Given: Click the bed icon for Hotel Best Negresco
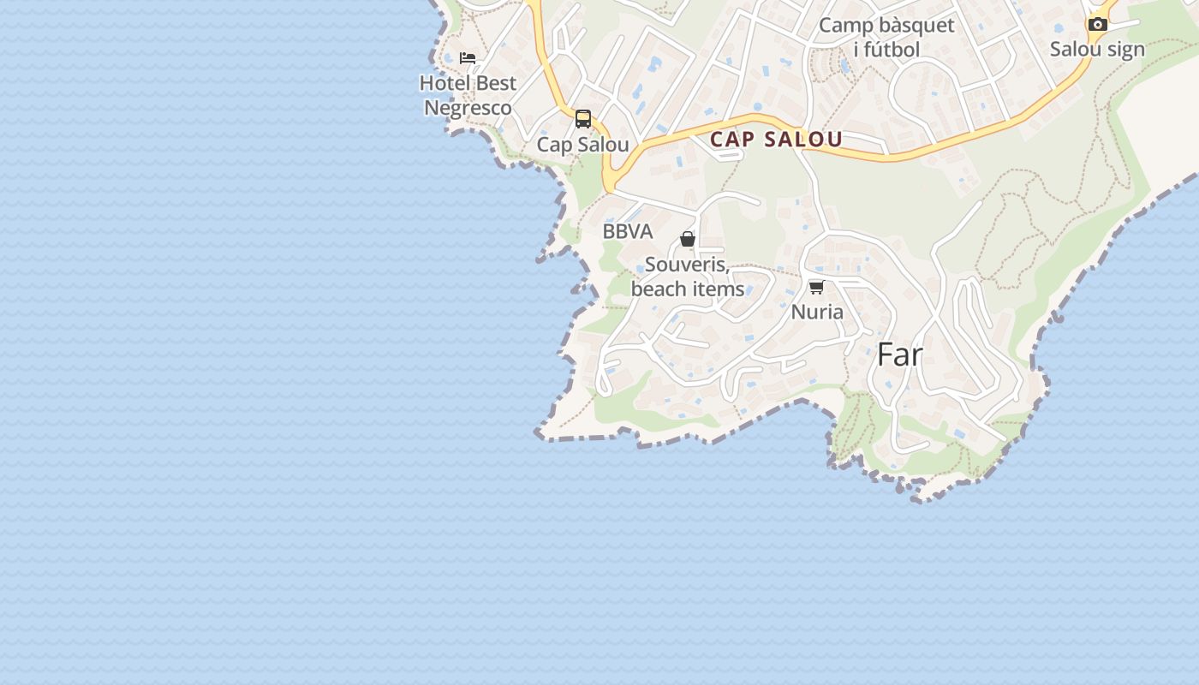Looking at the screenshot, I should (468, 58).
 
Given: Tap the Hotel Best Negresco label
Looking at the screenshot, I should (468, 95).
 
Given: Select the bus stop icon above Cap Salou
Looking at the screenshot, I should (583, 119).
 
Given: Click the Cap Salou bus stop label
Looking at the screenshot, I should (583, 145).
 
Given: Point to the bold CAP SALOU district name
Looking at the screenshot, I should (776, 140).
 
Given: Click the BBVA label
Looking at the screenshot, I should (628, 231).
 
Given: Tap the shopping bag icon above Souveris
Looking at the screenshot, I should (688, 239).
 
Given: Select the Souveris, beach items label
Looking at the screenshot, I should (688, 277).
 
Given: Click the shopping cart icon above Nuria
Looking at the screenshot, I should (817, 287).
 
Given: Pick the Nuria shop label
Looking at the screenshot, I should (817, 312).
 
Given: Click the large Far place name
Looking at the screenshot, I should (900, 354).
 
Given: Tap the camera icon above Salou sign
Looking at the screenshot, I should (1098, 24).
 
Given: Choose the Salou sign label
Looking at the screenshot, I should (1097, 49).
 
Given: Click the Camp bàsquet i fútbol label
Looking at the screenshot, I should (886, 37).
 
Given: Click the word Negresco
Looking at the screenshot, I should (468, 108).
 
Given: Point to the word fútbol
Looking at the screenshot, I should (892, 50).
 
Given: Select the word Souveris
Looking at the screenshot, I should (686, 265).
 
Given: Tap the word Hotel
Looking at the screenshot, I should (444, 83).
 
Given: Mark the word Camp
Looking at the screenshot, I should (842, 25).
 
